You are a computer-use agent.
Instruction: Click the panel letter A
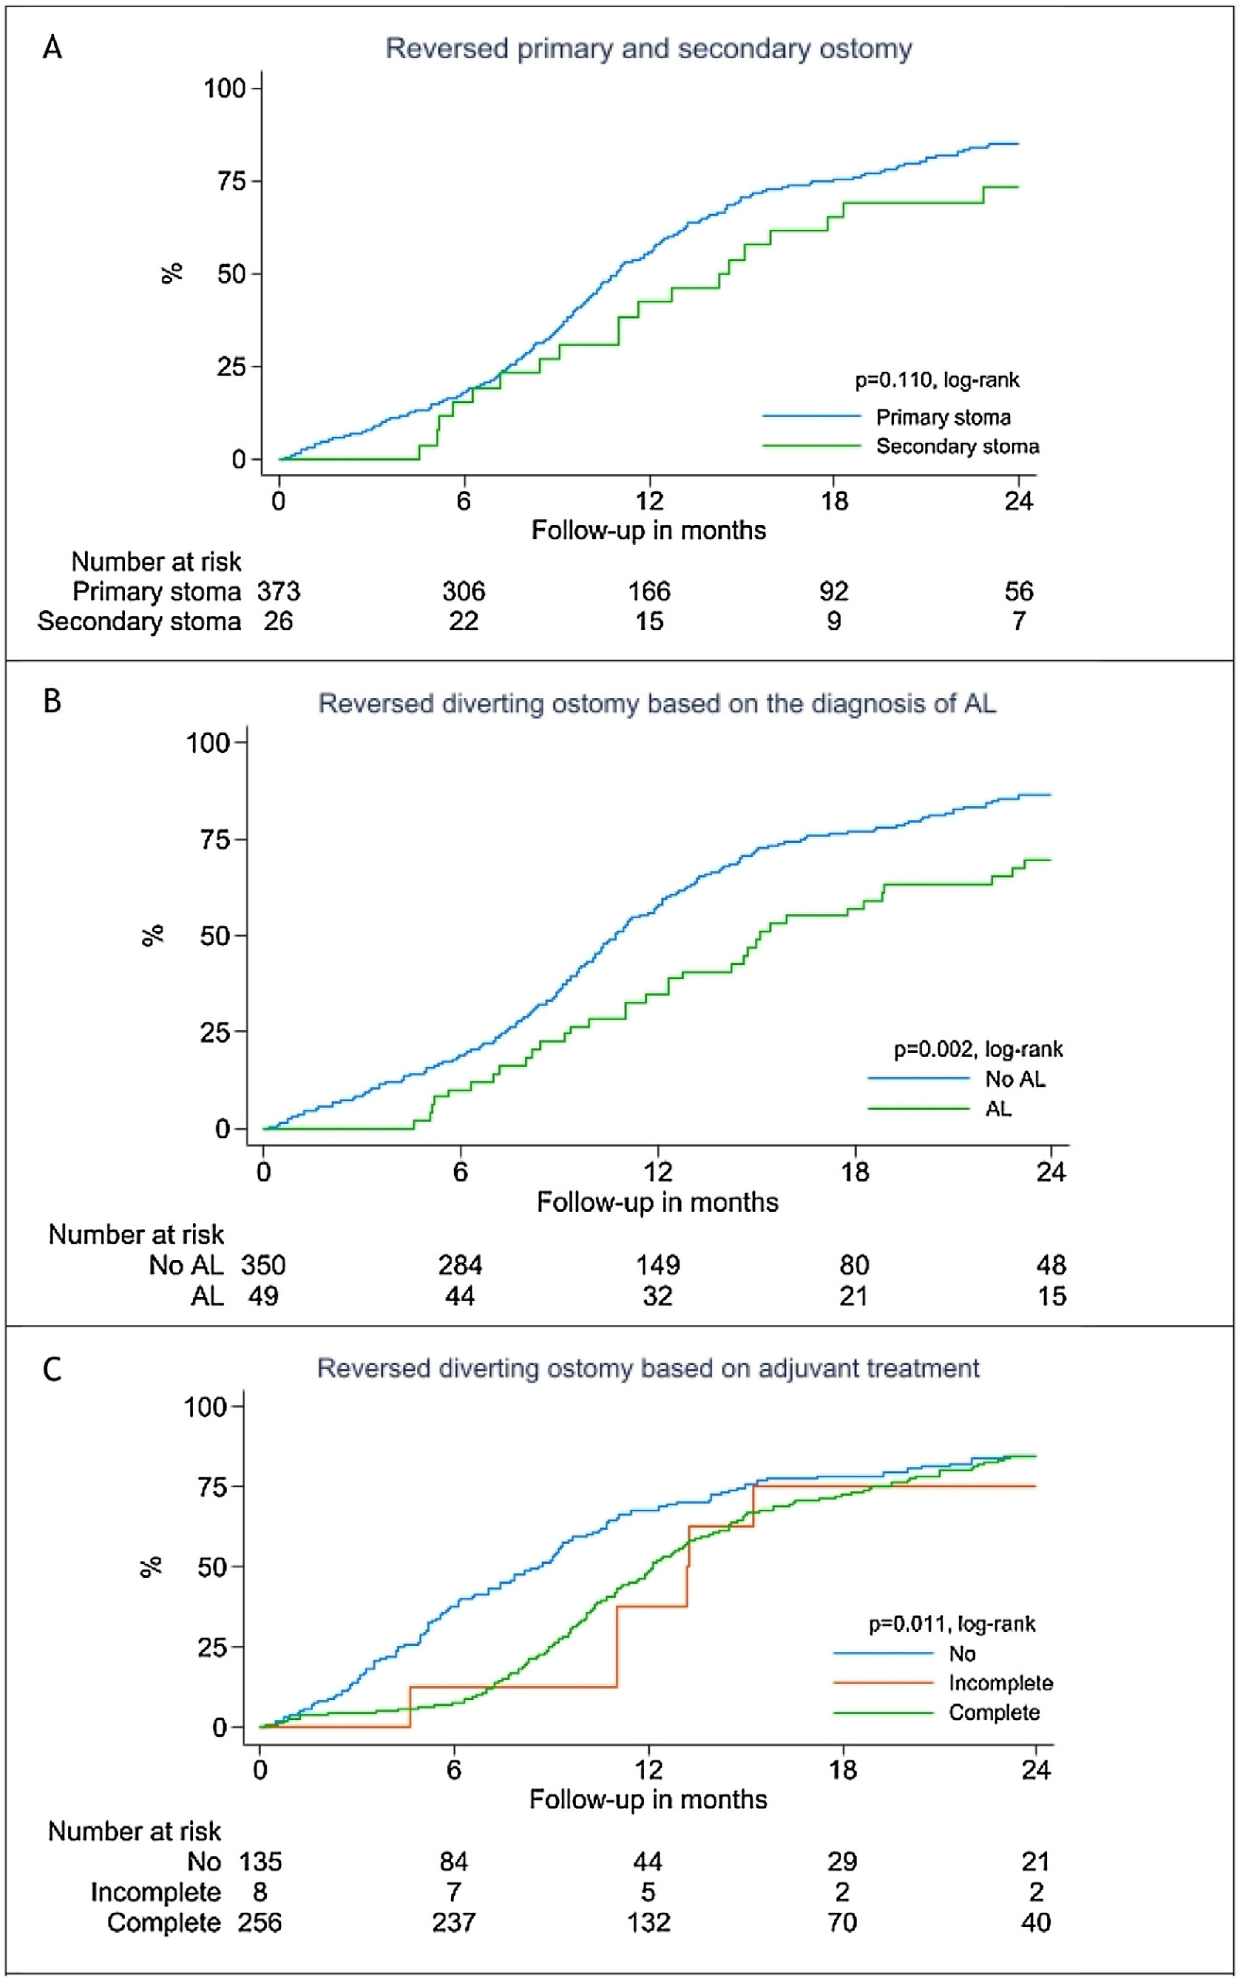(x=52, y=48)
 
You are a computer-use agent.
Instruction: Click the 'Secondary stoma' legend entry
(x=957, y=446)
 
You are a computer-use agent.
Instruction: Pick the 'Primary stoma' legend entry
(x=943, y=418)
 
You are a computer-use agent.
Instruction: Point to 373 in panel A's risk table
(x=279, y=591)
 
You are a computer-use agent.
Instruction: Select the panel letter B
(x=52, y=702)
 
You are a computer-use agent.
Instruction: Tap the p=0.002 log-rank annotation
(x=978, y=1049)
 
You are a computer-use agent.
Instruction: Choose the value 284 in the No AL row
(x=460, y=1265)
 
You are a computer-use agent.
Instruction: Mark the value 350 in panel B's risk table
(x=263, y=1265)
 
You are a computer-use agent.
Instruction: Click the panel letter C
(x=52, y=1369)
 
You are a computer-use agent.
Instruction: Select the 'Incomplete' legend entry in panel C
(x=1001, y=1682)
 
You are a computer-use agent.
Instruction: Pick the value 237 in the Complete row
(x=453, y=1922)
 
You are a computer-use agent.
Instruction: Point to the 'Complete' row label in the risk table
(x=164, y=1922)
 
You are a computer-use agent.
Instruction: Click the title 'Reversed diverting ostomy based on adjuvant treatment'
(x=648, y=1368)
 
